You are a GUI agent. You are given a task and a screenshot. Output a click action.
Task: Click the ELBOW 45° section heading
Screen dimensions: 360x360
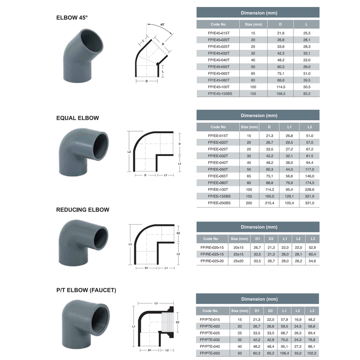(x=72, y=18)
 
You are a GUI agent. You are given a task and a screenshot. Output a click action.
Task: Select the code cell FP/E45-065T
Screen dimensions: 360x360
(x=219, y=73)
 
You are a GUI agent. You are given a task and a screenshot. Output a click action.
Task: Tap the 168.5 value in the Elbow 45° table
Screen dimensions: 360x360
(x=281, y=94)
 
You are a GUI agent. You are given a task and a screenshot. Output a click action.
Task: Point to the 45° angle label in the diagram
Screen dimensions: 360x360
(x=162, y=24)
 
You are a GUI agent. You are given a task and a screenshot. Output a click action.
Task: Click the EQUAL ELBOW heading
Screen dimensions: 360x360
(x=78, y=118)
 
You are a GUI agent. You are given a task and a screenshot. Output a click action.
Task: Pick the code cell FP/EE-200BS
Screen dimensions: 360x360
(x=219, y=203)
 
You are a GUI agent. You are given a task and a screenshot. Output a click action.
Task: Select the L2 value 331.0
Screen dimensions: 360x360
(x=309, y=203)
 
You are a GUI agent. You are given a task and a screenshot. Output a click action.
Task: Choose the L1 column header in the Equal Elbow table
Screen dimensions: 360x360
(x=289, y=127)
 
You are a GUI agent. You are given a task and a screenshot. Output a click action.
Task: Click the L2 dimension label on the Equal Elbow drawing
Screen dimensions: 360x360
(x=129, y=152)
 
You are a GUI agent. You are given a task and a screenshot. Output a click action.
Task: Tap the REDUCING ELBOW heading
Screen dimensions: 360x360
(x=83, y=210)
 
